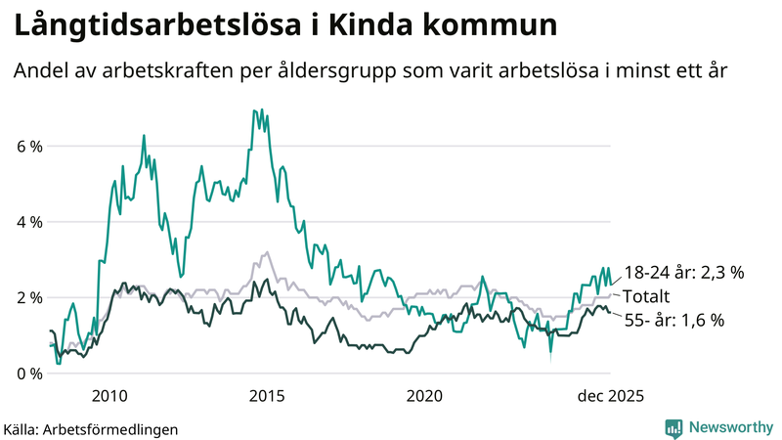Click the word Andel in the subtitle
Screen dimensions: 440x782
click(x=40, y=71)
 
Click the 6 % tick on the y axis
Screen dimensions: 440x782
click(x=28, y=147)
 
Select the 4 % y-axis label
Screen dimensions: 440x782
click(x=28, y=222)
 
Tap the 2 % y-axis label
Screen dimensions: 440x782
click(x=28, y=297)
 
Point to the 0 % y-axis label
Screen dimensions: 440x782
click(x=28, y=374)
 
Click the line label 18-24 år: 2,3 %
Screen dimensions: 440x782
click(x=684, y=273)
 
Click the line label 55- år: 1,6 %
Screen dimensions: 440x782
click(x=673, y=320)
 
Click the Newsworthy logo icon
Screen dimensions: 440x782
click(x=673, y=427)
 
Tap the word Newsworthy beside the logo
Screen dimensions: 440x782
click(x=730, y=427)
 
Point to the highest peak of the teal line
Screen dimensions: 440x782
click(x=254, y=110)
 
